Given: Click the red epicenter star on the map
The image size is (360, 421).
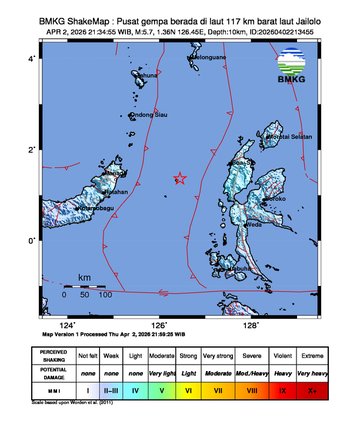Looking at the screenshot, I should [180, 179].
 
